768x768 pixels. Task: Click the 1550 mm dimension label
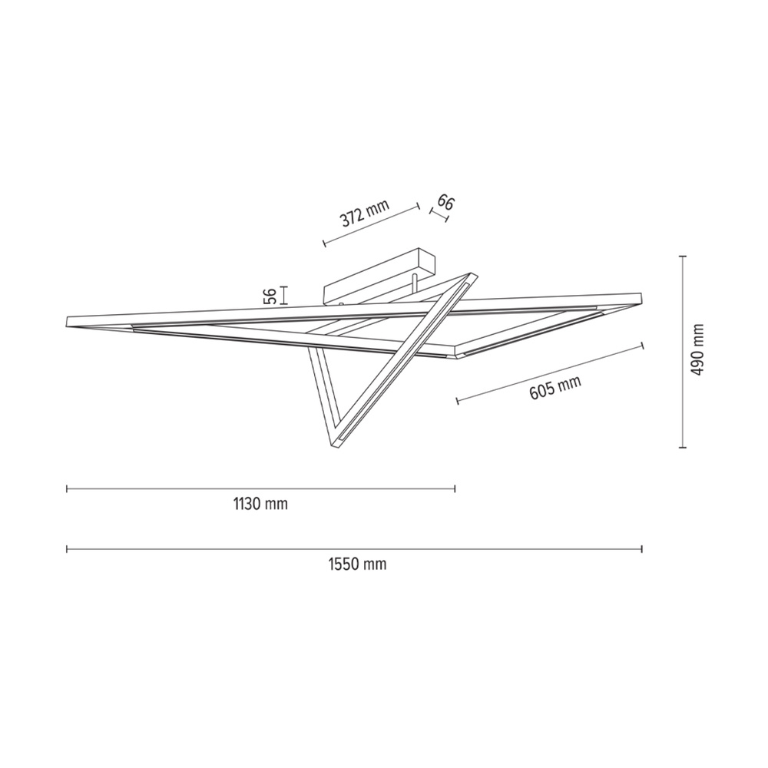pyautogui.click(x=357, y=564)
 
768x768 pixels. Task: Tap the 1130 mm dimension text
pyautogui.click(x=260, y=504)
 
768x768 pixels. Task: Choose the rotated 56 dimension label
pyautogui.click(x=270, y=296)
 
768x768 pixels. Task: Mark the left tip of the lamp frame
pyautogui.click(x=69, y=319)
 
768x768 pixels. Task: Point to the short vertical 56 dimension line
pyautogui.click(x=284, y=295)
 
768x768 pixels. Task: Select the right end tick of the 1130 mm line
pyautogui.click(x=455, y=488)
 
